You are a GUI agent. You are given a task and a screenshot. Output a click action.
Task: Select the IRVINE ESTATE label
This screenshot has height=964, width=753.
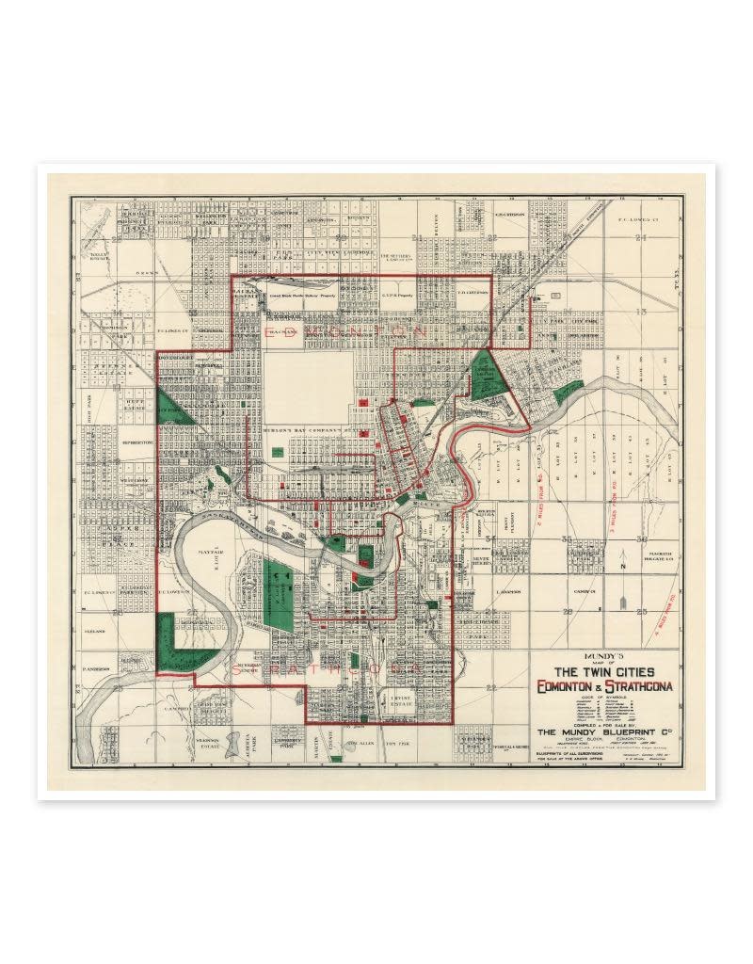click(402, 700)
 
